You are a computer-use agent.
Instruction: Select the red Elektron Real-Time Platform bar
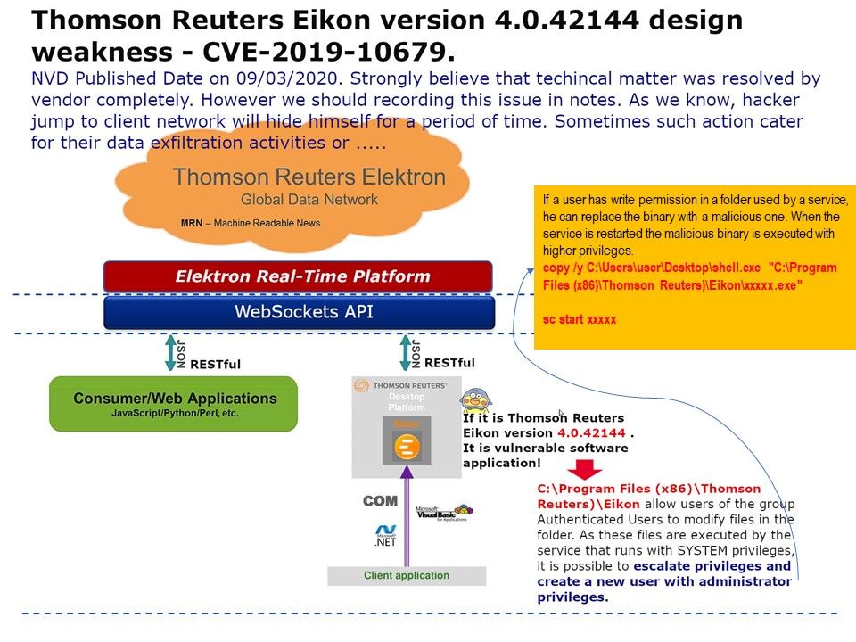pos(298,276)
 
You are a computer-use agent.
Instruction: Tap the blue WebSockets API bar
pos(298,312)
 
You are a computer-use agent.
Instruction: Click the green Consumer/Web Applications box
pos(173,404)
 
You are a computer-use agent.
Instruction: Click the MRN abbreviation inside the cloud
pos(192,223)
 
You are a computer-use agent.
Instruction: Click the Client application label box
pos(407,576)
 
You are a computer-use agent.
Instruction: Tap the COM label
pos(379,502)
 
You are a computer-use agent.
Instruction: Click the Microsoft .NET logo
pos(385,534)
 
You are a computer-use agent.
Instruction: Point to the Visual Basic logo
pos(443,514)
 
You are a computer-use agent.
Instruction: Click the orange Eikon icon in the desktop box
pos(407,446)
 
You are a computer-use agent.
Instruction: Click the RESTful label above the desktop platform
pos(449,363)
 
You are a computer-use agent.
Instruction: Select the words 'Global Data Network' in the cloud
pos(309,200)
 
